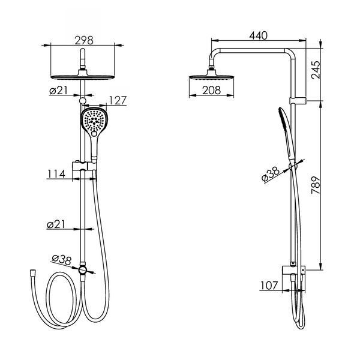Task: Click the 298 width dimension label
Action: pos(84,40)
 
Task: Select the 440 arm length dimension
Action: pos(258,35)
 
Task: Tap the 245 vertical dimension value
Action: pos(316,70)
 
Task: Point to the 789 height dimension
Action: pos(316,185)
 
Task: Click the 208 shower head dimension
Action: pos(211,90)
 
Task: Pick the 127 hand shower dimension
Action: pos(118,101)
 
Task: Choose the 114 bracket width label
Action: pos(56,174)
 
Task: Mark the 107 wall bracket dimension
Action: pos(269,286)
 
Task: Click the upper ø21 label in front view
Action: pos(58,90)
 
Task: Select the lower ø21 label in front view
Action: pos(56,224)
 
